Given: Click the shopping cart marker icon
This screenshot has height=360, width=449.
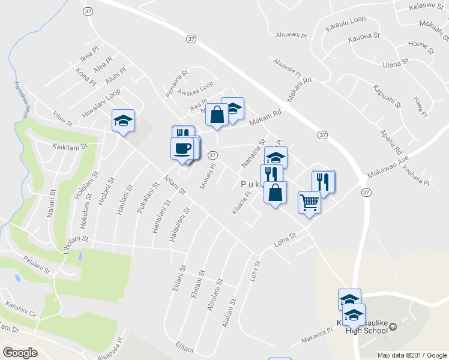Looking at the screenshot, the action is coord(310,203).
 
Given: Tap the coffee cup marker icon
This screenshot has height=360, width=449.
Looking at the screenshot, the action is coord(182,148).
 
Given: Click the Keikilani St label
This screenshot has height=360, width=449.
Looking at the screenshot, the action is coord(70,146).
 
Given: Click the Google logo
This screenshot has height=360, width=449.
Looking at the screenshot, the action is coord(20,352).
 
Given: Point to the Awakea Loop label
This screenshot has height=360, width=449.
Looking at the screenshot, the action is coord(198,89).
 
